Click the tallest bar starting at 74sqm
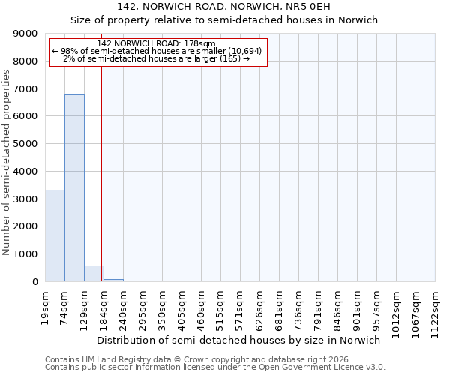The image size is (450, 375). click(x=74, y=187)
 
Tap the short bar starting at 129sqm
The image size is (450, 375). click(x=94, y=274)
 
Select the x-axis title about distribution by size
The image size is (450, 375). click(x=238, y=340)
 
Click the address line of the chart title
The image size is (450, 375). click(x=223, y=7)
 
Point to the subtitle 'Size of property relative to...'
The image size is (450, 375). click(x=223, y=20)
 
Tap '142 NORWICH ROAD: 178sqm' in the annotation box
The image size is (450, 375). click(x=157, y=43)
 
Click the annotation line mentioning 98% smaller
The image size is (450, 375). click(x=157, y=51)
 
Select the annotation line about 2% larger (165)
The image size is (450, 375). click(x=157, y=58)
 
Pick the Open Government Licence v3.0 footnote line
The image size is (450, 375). click(x=215, y=367)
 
